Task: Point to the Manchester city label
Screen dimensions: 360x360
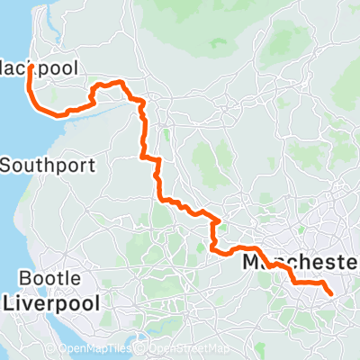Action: [x=301, y=262]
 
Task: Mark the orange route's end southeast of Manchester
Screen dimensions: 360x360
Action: [x=331, y=293]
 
